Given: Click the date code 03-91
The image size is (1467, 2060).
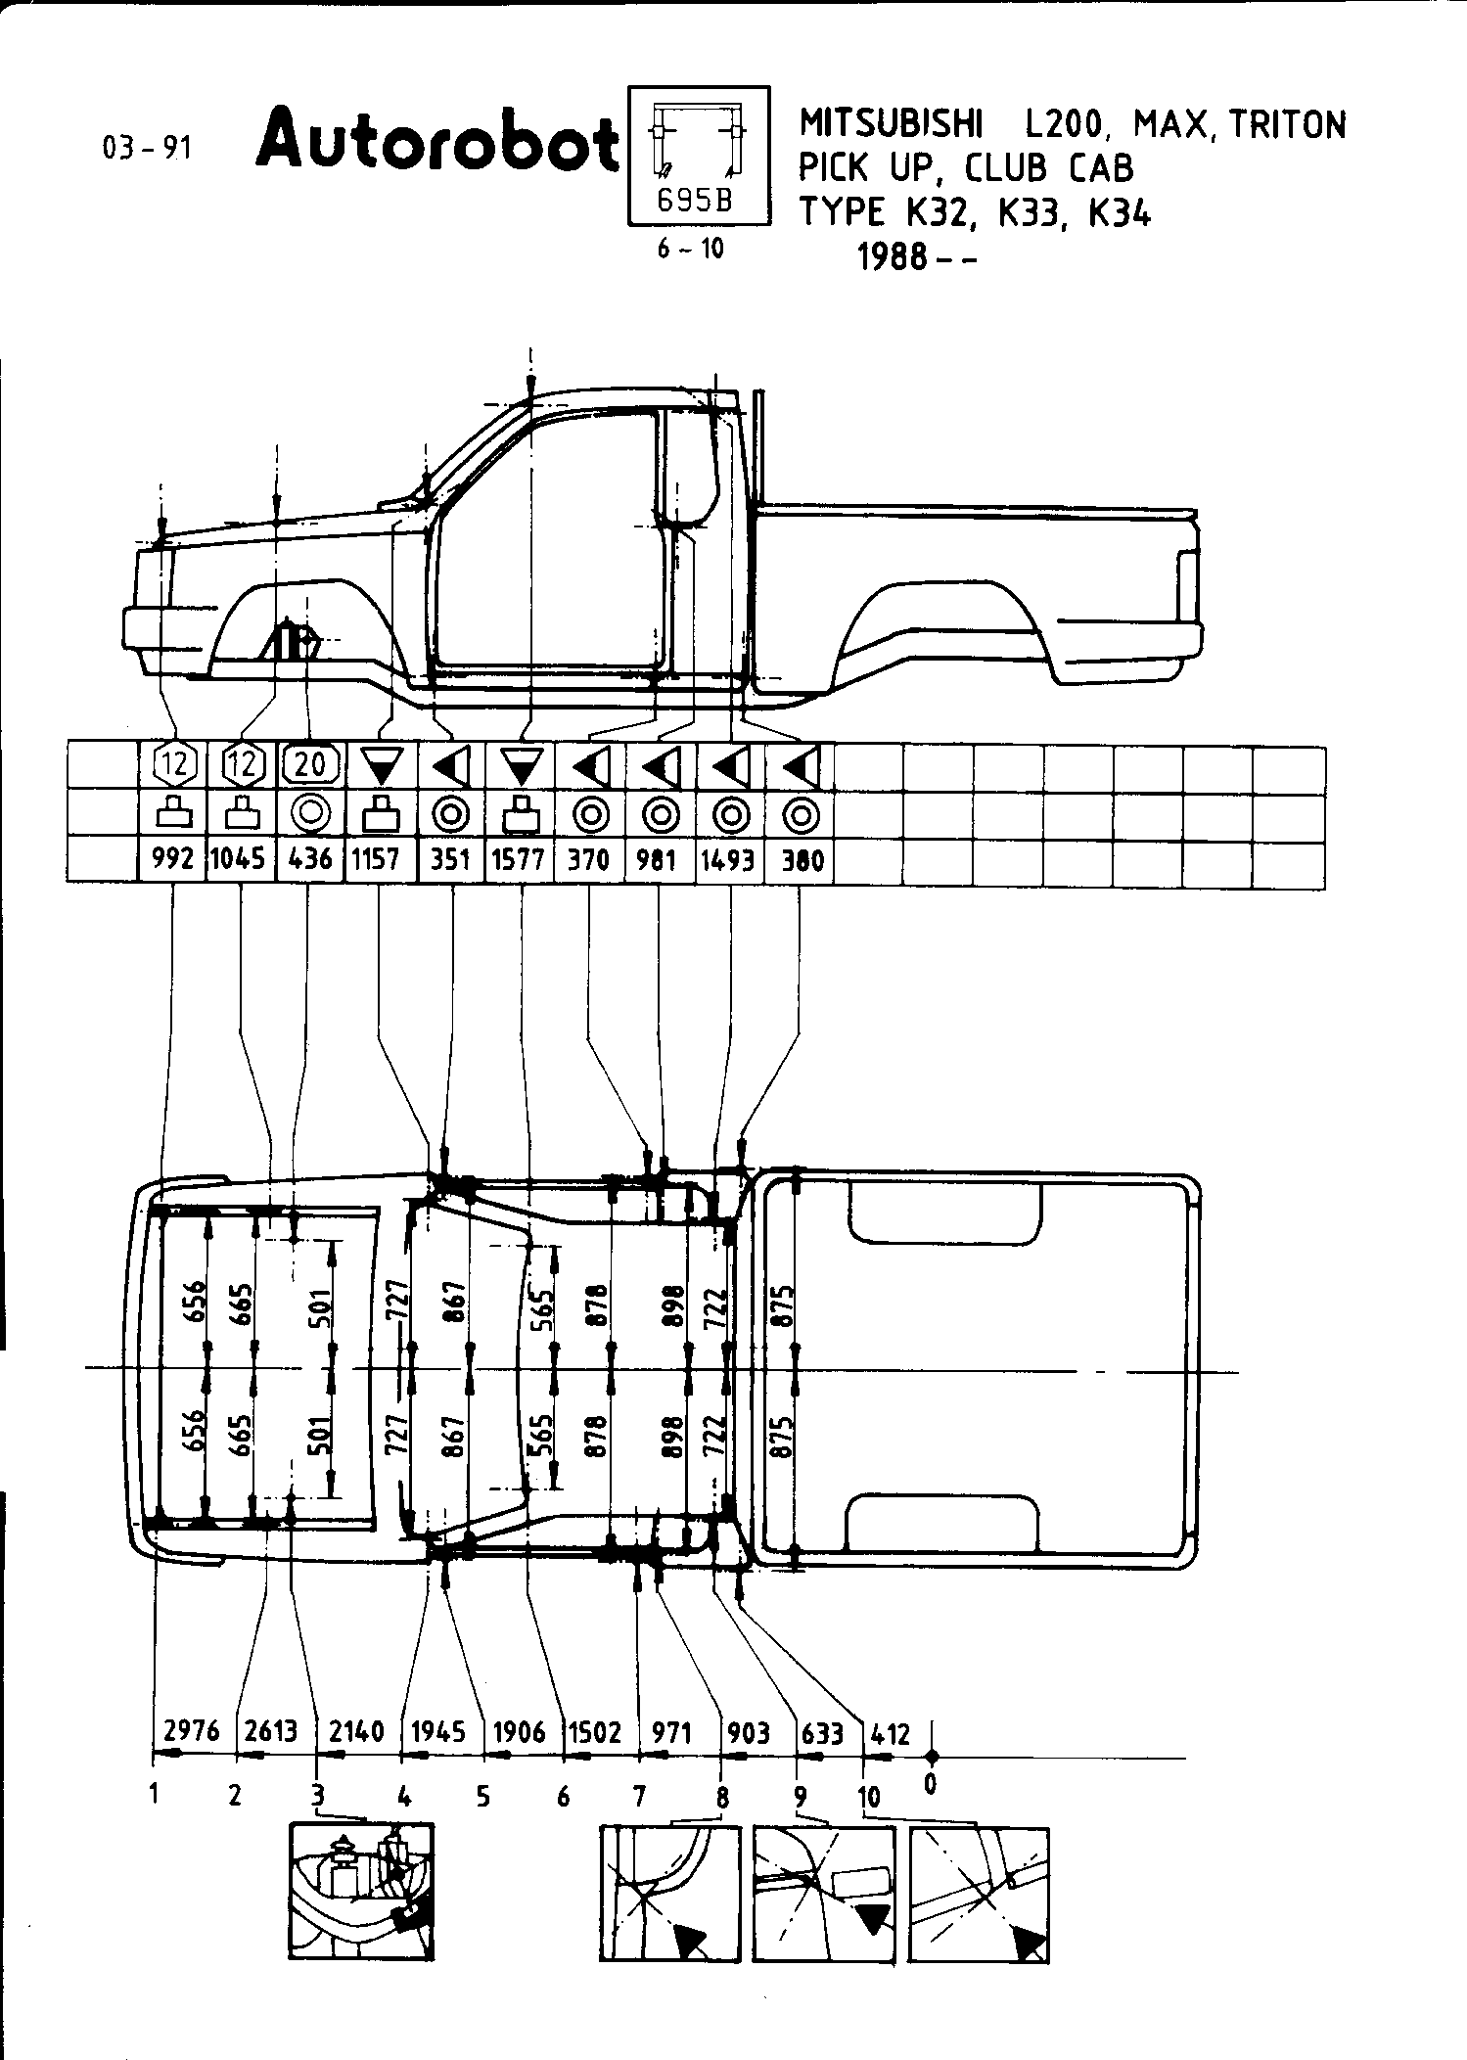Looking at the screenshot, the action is (148, 149).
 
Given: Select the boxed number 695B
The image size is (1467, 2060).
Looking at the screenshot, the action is (695, 201).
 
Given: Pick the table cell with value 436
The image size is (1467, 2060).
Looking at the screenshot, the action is (310, 860).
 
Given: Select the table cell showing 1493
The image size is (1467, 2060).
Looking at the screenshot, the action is (727, 860).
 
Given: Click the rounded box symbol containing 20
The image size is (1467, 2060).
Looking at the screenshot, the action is (310, 764).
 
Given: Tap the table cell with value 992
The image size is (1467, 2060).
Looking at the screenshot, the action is (172, 860).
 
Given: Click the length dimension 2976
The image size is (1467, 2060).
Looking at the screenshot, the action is (192, 1730).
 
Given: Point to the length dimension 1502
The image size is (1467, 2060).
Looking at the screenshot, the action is (595, 1732).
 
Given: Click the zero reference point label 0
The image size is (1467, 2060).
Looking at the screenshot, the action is (930, 1784).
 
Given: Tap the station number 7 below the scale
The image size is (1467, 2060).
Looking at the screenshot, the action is (638, 1797).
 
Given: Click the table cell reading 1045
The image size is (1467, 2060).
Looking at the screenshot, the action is (239, 860).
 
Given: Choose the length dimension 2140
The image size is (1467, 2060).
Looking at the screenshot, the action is (356, 1731).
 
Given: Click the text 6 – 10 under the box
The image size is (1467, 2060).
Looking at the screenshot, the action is (690, 250).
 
